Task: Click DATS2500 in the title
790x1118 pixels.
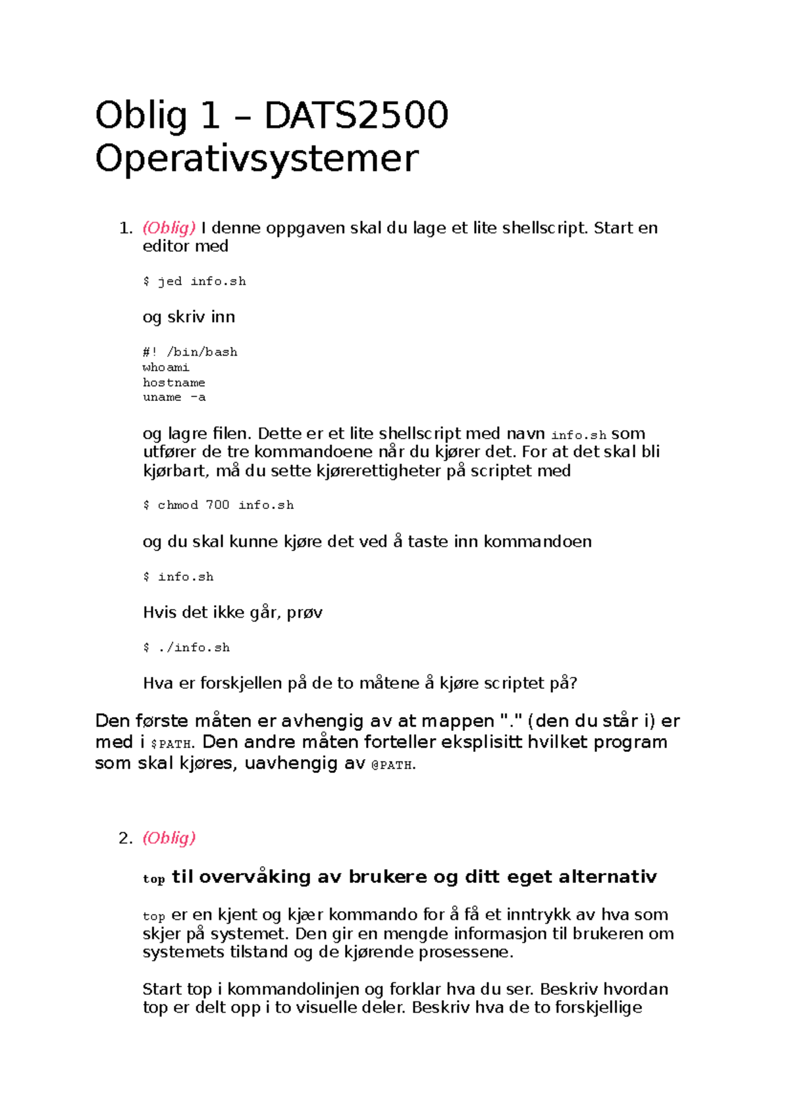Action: [356, 116]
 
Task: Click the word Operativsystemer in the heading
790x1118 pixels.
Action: [257, 159]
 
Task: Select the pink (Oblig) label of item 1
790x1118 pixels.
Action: [169, 228]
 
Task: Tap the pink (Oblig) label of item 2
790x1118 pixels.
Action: [169, 838]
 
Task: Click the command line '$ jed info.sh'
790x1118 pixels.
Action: [194, 281]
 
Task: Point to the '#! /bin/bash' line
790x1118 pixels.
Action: [190, 352]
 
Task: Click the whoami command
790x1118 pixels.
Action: [166, 367]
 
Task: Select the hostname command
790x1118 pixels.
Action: [174, 383]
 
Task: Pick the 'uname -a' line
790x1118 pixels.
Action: [174, 397]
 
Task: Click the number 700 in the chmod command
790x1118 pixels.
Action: [217, 505]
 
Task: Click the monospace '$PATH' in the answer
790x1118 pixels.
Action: [171, 744]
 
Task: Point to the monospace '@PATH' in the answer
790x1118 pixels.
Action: [393, 765]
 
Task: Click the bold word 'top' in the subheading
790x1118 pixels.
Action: [153, 879]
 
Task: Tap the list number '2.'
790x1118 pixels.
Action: [126, 838]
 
